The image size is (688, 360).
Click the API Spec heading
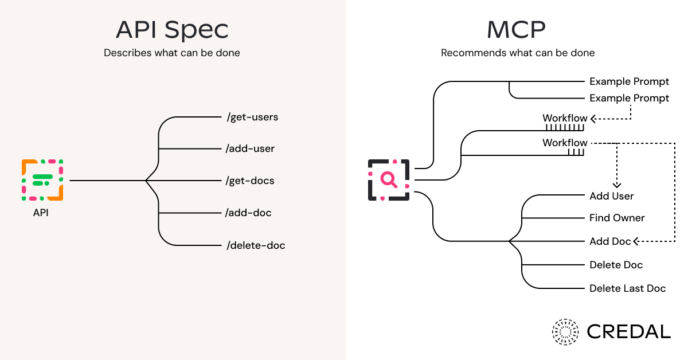click(172, 29)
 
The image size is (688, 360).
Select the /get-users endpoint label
click(252, 117)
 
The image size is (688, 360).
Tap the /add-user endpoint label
click(251, 148)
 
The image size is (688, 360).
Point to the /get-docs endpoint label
click(251, 181)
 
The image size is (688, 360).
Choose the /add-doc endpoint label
click(249, 213)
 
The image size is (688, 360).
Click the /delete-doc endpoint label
click(256, 245)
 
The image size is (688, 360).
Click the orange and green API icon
click(42, 180)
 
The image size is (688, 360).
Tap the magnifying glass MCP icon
click(389, 179)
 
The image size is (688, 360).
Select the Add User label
click(612, 196)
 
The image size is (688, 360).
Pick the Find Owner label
click(617, 218)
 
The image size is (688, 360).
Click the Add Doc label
click(610, 241)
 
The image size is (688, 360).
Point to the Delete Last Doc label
click(628, 288)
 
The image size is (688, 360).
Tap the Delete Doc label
click(616, 265)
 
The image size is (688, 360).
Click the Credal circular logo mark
click(566, 332)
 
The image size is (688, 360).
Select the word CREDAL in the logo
click(629, 332)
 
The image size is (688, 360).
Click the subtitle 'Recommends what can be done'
click(518, 53)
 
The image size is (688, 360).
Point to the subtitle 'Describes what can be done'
click(172, 53)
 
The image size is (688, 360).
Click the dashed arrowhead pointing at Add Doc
click(636, 241)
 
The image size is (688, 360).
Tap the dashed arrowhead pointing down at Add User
click(617, 185)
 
